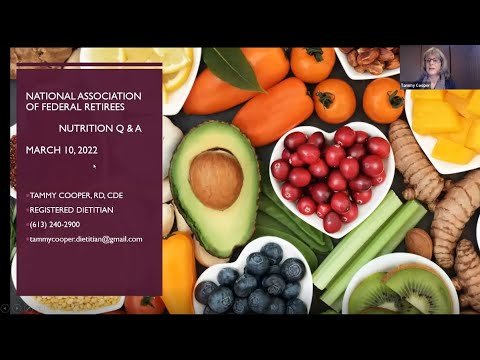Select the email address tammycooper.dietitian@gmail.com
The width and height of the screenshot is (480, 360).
85,239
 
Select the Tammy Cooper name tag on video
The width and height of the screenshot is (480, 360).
416,85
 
